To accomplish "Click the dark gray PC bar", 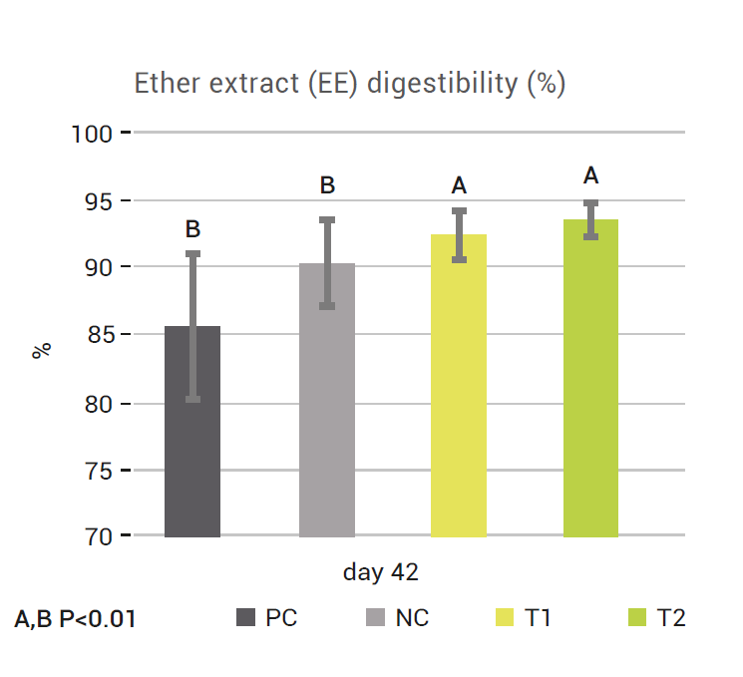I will coord(192,439).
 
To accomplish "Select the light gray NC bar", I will coord(326,409).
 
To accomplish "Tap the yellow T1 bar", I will coord(459,389).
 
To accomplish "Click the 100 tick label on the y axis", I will coord(95,133).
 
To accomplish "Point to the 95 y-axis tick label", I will coord(100,200).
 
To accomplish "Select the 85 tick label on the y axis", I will coord(100,335).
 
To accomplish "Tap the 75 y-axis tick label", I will coord(100,470).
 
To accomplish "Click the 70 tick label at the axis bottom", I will coord(100,536).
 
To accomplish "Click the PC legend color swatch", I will coord(245,618).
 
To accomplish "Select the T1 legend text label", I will coord(538,618).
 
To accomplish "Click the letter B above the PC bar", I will coord(192,230).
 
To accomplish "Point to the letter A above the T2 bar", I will coord(590,176).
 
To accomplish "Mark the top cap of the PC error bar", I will coord(192,254).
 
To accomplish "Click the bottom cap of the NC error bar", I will coord(326,306).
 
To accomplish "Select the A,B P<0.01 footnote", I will coord(76,619).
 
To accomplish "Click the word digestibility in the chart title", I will coord(445,84).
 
